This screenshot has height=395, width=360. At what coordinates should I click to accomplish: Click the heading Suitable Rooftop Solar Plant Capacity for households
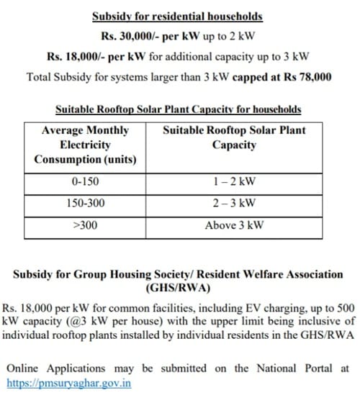[x=179, y=109]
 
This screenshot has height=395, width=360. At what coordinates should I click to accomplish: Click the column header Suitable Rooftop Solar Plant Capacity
[x=235, y=137]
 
